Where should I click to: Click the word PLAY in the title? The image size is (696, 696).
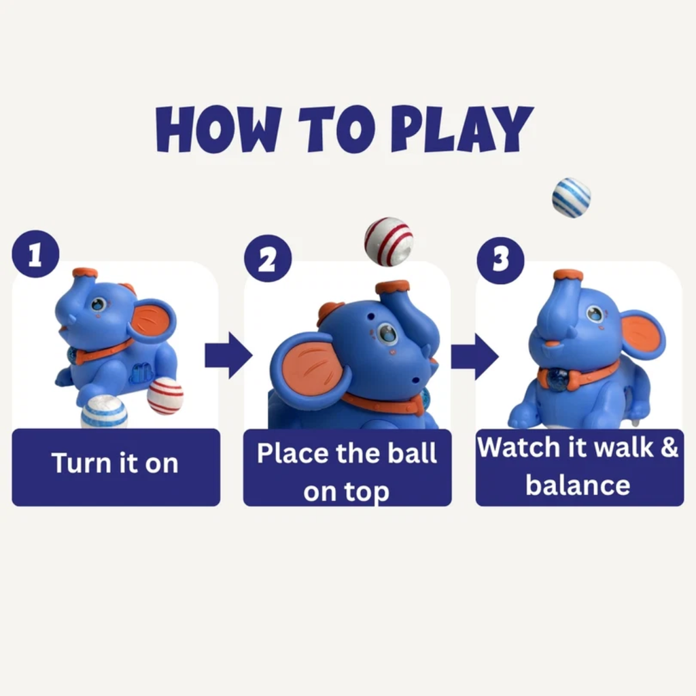[462, 129]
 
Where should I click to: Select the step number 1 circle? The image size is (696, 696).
[35, 254]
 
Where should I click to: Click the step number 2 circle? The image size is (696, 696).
[268, 258]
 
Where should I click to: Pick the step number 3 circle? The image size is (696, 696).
[500, 260]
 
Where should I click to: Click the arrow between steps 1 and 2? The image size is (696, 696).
[228, 355]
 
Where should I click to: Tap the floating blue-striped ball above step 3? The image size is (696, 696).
[571, 198]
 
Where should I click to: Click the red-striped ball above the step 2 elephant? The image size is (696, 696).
[388, 241]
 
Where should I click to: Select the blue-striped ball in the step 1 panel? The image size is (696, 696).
[104, 412]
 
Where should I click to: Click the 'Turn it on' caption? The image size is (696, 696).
[115, 463]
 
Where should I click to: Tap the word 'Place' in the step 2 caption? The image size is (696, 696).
[293, 453]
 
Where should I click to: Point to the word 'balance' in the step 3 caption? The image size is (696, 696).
[578, 484]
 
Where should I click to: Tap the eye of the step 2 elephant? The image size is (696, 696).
[387, 333]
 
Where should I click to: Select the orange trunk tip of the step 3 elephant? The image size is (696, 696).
[568, 275]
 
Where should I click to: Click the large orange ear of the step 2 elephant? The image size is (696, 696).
[307, 370]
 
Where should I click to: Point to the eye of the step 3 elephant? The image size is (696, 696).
[594, 314]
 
